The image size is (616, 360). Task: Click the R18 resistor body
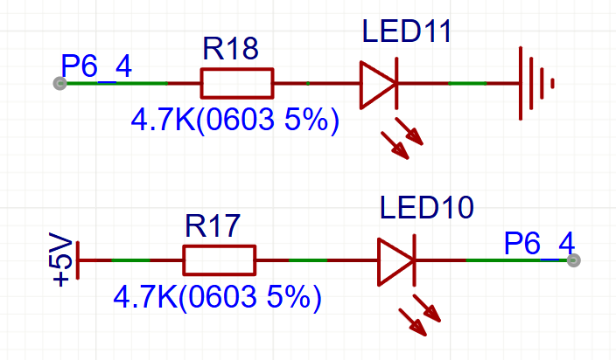[x=237, y=84]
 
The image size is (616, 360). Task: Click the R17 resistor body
[x=220, y=260]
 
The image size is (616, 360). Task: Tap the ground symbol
[x=536, y=84]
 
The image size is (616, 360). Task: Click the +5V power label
[x=60, y=260]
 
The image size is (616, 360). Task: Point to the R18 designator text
[x=231, y=49]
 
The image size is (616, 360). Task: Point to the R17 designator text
[x=213, y=225]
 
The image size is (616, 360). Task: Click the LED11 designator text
[x=407, y=31]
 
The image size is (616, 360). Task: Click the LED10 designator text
[x=427, y=207]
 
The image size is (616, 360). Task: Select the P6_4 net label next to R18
[x=96, y=66]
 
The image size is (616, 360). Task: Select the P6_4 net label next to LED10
[x=539, y=244]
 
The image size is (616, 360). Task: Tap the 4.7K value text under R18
[x=234, y=120]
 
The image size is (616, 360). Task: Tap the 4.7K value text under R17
[x=217, y=297]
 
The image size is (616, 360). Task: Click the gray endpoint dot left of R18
[x=59, y=84]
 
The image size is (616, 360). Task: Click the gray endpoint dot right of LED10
[x=574, y=260]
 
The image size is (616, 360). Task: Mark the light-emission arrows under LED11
[x=402, y=138]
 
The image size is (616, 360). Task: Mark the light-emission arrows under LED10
[x=420, y=315]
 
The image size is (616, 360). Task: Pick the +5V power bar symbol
[x=78, y=260]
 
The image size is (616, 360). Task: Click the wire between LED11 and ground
[x=458, y=84]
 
